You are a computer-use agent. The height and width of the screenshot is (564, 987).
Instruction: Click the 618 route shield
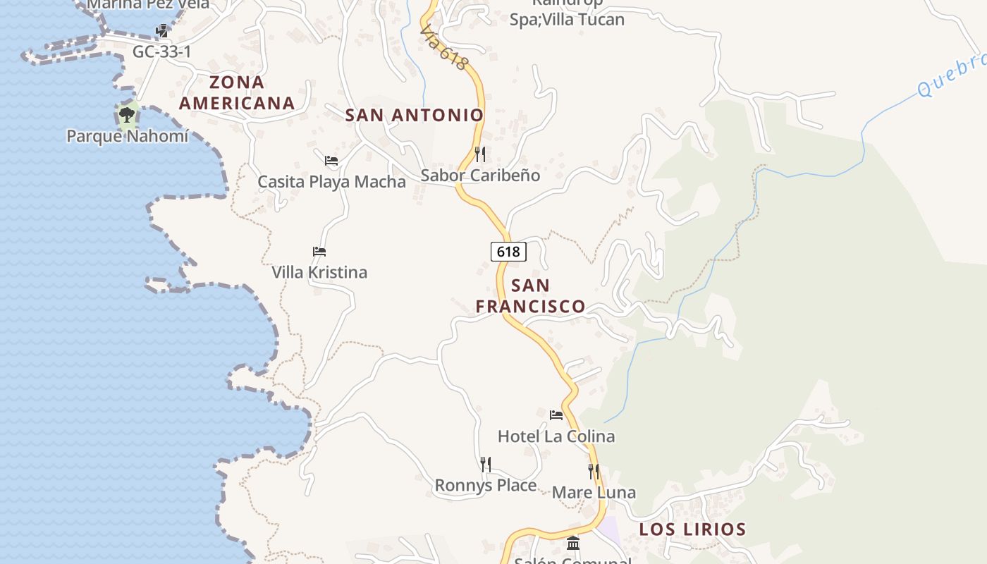[x=508, y=251]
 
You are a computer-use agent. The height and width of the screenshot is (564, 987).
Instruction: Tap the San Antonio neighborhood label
[x=415, y=115]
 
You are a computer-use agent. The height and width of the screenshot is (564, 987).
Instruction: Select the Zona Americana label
[x=237, y=92]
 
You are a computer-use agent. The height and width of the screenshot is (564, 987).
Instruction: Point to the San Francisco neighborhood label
[x=530, y=296]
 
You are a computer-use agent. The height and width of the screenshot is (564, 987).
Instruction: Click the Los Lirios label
[x=692, y=529]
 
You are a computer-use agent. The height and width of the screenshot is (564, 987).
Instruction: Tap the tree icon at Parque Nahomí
[x=127, y=114]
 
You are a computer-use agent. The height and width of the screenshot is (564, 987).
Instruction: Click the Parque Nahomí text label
[x=128, y=135]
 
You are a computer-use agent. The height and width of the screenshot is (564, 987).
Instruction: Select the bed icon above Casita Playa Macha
[x=331, y=161]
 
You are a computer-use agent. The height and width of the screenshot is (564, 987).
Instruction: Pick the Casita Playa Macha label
[x=331, y=182]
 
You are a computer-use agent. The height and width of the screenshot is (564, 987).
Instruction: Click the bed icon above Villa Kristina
[x=319, y=251]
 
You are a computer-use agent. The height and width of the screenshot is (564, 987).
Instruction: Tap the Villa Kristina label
[x=319, y=272]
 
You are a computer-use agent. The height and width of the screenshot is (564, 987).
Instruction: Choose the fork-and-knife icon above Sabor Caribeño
[x=480, y=154]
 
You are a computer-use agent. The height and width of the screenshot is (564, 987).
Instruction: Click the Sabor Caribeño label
[x=480, y=175]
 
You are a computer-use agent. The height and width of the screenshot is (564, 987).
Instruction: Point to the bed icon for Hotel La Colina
[x=556, y=415]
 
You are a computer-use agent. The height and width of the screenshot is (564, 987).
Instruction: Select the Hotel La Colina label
[x=556, y=436]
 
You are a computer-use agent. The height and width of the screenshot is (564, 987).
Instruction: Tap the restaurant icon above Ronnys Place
[x=486, y=464]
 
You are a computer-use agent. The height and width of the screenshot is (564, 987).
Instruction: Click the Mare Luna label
[x=594, y=492]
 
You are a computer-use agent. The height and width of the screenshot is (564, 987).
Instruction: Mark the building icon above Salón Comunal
[x=573, y=544]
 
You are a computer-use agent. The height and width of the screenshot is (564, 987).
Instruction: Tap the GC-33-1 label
[x=162, y=51]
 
